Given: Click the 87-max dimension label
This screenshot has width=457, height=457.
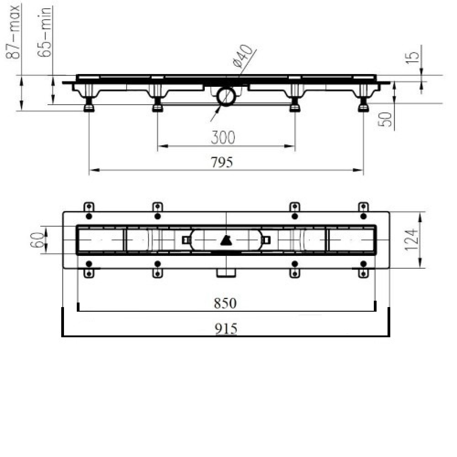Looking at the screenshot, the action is (13, 32).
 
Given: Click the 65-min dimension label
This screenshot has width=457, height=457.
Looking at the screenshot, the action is (45, 32).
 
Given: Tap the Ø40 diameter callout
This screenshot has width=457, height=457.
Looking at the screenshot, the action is (243, 57).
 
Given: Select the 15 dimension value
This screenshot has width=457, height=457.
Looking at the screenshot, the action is (412, 58).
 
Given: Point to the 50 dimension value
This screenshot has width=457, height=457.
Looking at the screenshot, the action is (385, 119).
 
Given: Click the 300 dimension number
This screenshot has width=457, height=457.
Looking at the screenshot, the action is (223, 137).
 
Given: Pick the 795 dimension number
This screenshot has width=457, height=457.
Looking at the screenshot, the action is (222, 162).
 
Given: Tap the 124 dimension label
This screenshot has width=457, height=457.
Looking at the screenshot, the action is (412, 240).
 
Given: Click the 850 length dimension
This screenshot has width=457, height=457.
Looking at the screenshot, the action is (225, 303).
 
